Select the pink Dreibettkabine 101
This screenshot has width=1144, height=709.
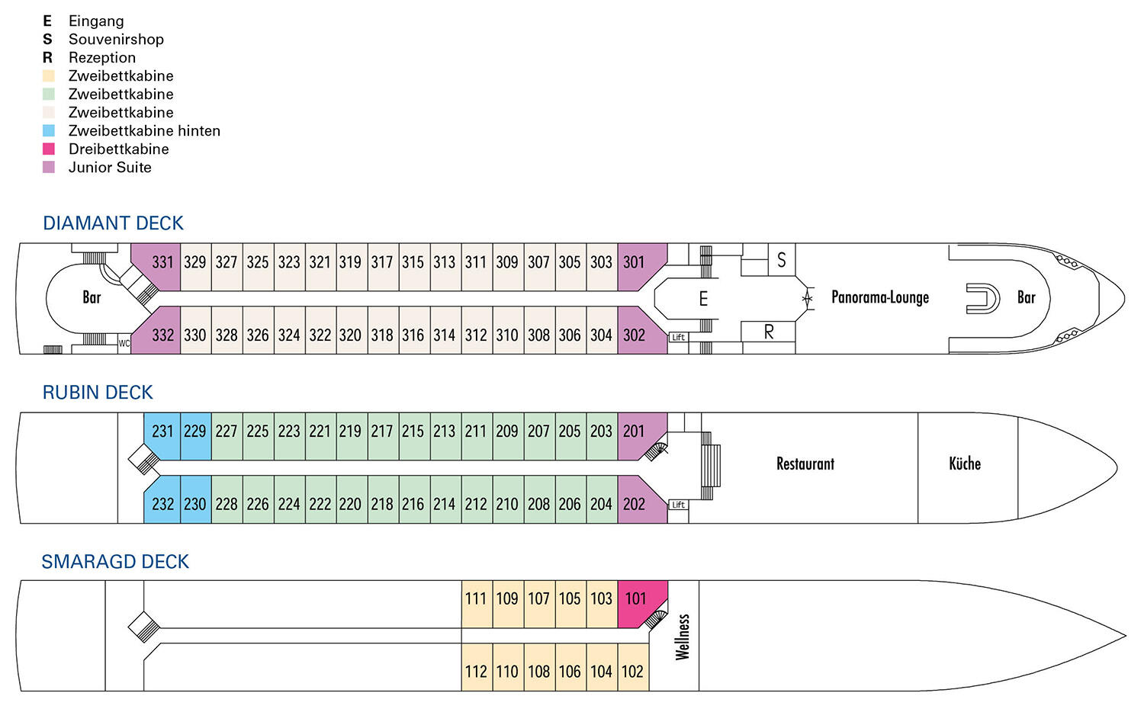[x=640, y=602]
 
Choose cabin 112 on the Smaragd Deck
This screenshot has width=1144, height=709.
[x=477, y=667]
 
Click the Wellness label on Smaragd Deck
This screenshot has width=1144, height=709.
[x=683, y=637]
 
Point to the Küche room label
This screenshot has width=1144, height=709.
[x=965, y=464]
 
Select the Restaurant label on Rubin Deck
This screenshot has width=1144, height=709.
[x=805, y=464]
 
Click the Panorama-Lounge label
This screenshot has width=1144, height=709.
[x=880, y=297]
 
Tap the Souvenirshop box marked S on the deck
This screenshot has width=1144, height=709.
[x=782, y=260]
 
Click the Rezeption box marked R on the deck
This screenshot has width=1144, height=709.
[x=768, y=332]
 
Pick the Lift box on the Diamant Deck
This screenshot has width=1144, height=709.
[x=678, y=337]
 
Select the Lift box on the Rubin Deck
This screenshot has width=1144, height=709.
[x=678, y=505]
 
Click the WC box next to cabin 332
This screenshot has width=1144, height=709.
[x=124, y=344]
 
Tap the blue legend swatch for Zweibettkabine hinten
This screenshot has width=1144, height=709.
[x=49, y=130]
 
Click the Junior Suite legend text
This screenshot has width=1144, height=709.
[x=110, y=168]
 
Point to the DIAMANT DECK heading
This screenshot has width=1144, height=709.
[x=113, y=223]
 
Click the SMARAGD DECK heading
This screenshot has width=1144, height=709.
[x=115, y=562]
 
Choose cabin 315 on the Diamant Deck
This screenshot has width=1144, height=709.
[x=413, y=267]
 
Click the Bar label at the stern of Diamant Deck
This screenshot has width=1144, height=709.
[x=92, y=297]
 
